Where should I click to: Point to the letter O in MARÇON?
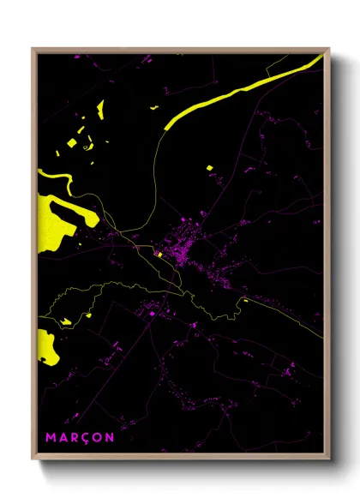(x=97, y=437)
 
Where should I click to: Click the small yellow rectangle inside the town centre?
(x=159, y=254)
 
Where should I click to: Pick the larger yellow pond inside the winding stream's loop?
(x=65, y=321)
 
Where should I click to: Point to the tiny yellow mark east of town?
(x=244, y=300)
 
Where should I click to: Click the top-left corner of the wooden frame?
(x=33, y=49)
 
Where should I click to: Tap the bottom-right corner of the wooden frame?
(x=329, y=460)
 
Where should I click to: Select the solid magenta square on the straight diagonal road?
(x=152, y=315)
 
